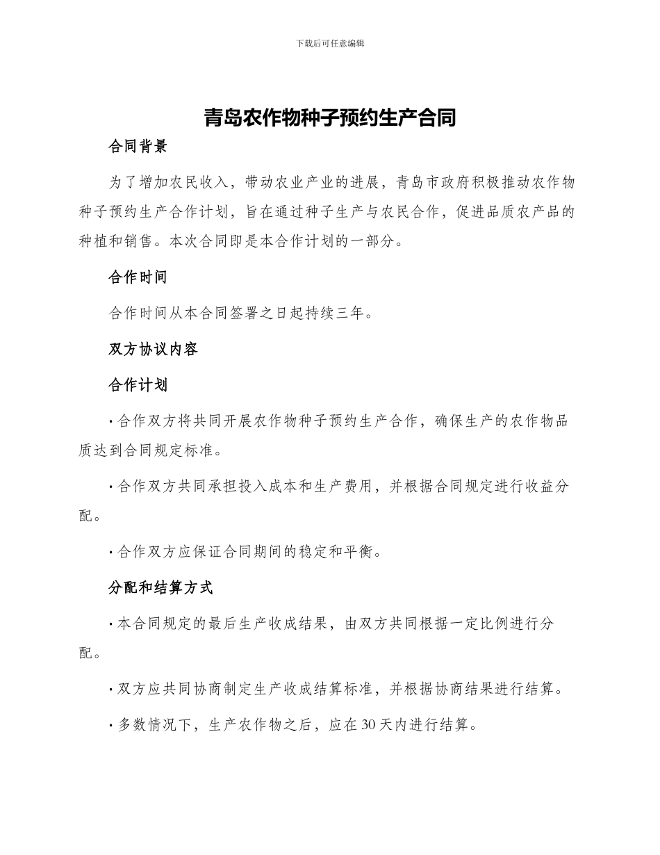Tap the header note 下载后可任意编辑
tap(330, 43)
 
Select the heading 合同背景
tap(138, 147)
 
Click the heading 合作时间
tap(138, 277)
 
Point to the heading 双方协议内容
tap(154, 349)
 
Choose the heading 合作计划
tap(138, 385)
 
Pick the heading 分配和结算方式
tap(160, 588)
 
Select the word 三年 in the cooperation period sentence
tap(350, 313)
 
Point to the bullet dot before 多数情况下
tap(112, 726)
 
